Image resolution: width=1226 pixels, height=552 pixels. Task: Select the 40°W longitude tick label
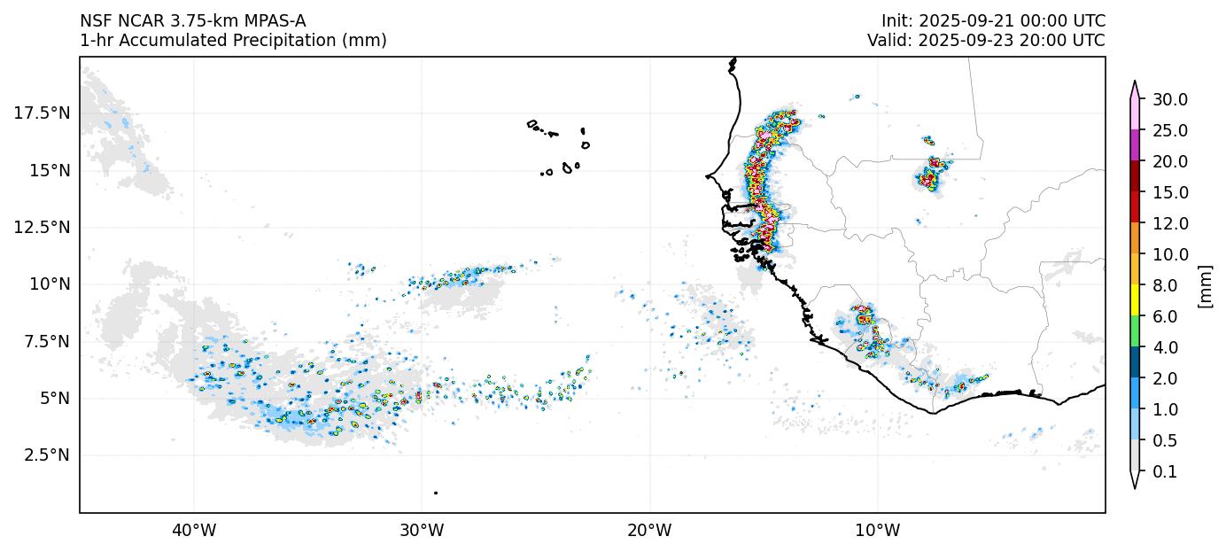click(193, 531)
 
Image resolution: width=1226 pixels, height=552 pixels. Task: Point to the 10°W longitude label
click(877, 531)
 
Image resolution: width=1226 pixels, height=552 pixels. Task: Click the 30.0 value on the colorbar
click(1169, 99)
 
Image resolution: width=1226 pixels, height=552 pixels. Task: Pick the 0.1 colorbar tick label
click(1164, 472)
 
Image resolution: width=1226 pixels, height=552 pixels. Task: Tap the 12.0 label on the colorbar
click(1169, 223)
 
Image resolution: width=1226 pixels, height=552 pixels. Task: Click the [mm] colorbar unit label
click(1205, 285)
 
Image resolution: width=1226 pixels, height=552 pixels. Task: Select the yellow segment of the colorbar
click(1134, 300)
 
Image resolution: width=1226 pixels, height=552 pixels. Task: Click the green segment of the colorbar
click(1134, 331)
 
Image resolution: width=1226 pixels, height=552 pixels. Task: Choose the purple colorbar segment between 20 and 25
click(1134, 145)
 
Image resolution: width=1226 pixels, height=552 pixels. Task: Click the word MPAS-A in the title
click(266, 21)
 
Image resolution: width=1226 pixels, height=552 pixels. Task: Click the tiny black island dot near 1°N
click(435, 493)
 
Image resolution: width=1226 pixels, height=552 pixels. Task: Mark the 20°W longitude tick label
click(649, 531)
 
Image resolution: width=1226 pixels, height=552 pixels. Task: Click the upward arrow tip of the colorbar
click(1134, 82)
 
